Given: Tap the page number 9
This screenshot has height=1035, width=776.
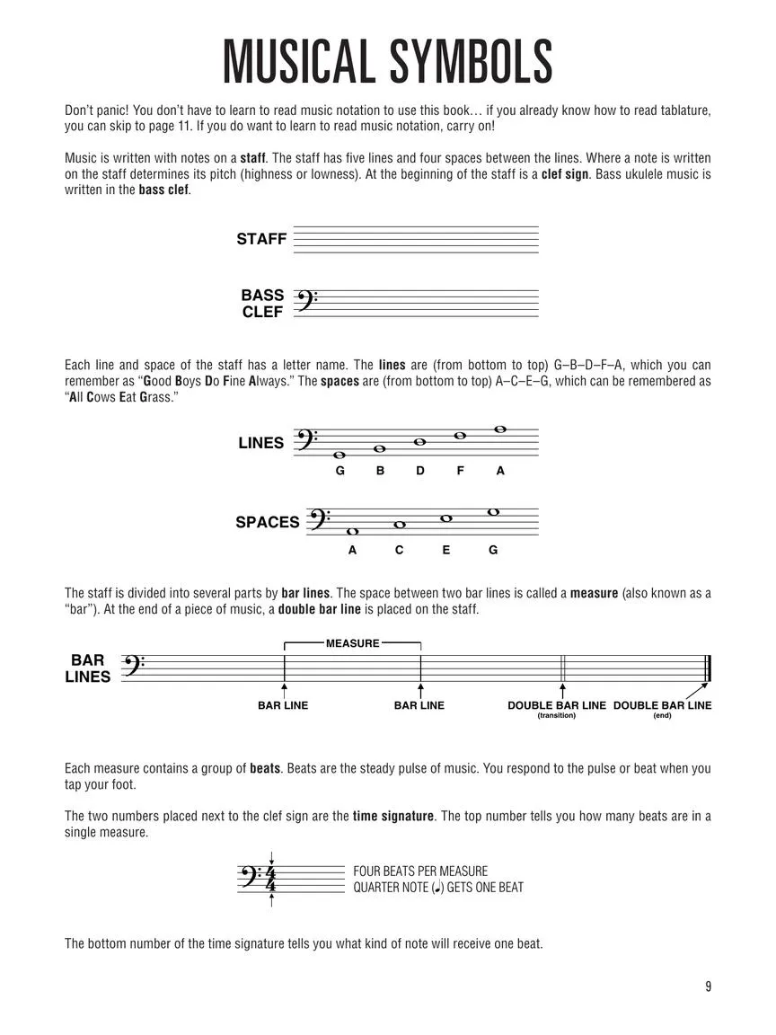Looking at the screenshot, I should pyautogui.click(x=708, y=986).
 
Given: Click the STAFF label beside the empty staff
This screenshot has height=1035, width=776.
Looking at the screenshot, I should pyautogui.click(x=261, y=239).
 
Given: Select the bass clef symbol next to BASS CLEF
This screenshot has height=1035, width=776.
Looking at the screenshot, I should pyautogui.click(x=305, y=303).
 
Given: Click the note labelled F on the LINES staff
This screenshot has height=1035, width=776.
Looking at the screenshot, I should pyautogui.click(x=460, y=436).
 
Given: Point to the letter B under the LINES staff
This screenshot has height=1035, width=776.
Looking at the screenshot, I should pyautogui.click(x=380, y=470).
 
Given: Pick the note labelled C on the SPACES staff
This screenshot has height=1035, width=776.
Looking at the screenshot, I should pyautogui.click(x=400, y=525).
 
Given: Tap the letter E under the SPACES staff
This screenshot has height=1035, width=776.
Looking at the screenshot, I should pyautogui.click(x=446, y=550).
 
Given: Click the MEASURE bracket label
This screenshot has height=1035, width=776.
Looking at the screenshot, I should pyautogui.click(x=352, y=643).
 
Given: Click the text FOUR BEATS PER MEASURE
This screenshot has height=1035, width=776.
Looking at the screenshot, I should pyautogui.click(x=420, y=871).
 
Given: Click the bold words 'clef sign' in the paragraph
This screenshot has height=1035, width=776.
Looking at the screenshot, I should pyautogui.click(x=564, y=173).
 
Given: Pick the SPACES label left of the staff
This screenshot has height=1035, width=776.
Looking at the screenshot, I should pyautogui.click(x=268, y=522).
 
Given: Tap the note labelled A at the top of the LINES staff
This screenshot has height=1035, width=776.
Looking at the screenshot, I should pyautogui.click(x=500, y=429).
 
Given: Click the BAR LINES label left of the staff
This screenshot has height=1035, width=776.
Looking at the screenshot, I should pyautogui.click(x=88, y=668).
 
